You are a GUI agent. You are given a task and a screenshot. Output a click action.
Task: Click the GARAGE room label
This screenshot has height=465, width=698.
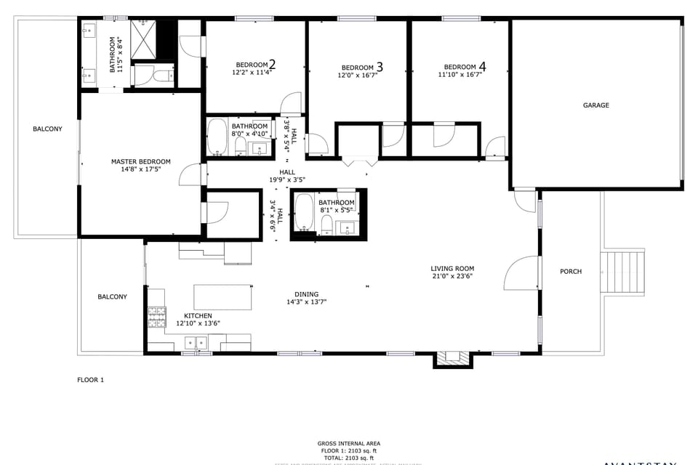coord(595,105)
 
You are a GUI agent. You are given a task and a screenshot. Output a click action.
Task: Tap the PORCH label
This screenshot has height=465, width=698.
coord(571,272)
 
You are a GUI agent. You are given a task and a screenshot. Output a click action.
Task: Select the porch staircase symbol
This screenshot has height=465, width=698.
coord(622,272)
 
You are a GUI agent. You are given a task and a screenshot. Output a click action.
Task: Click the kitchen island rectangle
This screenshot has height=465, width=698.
coord(222,296)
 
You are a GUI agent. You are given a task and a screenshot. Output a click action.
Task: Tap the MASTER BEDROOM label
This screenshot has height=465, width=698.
coord(140,161)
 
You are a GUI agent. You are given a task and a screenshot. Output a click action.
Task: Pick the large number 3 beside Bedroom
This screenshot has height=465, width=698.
coord(379,67)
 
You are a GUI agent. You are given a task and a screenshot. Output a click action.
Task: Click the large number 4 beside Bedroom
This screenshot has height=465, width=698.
coord(482,67)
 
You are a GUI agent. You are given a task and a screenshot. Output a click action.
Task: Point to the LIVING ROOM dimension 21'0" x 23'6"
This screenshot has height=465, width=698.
coord(452,276)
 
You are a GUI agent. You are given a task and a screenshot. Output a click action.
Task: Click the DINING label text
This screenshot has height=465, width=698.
coord(306,294)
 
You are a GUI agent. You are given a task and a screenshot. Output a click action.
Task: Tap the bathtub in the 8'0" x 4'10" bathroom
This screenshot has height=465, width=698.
coord(217,138)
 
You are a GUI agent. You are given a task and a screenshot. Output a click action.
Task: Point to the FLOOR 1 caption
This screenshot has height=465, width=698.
coord(91,379)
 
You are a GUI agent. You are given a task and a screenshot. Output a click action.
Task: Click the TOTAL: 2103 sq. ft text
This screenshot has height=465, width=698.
coord(348,458)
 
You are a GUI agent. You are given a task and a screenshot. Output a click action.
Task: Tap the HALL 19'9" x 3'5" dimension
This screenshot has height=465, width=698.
coord(287,179)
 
